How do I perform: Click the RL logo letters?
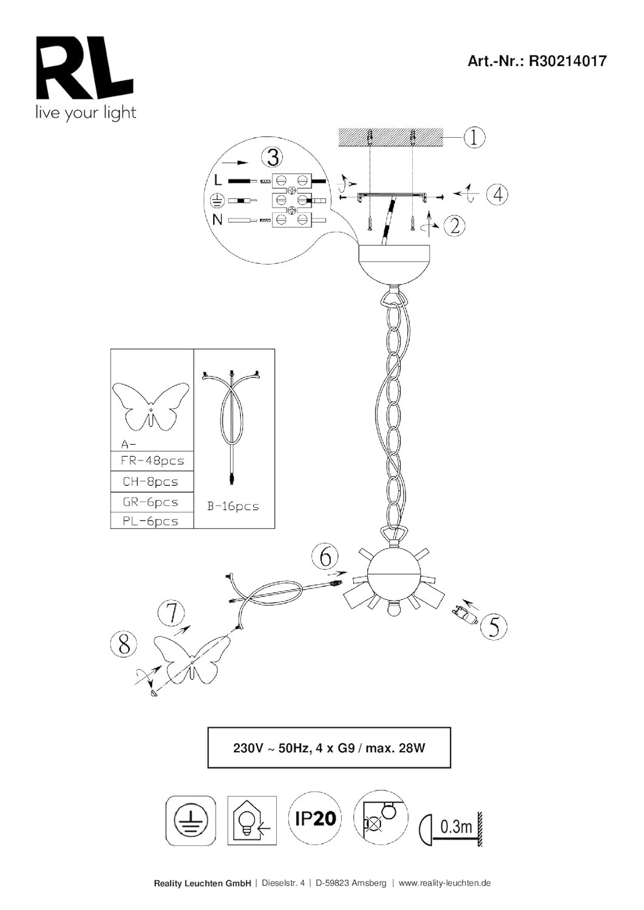point(84,67)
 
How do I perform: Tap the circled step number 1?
point(474,138)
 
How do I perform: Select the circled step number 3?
point(273,157)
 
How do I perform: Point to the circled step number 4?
point(498,194)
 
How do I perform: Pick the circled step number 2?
point(455,224)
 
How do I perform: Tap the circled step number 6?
point(325,558)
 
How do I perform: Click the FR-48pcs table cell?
point(152,461)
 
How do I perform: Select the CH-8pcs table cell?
point(152,482)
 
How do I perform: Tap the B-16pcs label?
point(233,506)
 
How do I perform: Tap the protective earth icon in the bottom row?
point(191,820)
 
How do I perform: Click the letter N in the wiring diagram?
point(217,220)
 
